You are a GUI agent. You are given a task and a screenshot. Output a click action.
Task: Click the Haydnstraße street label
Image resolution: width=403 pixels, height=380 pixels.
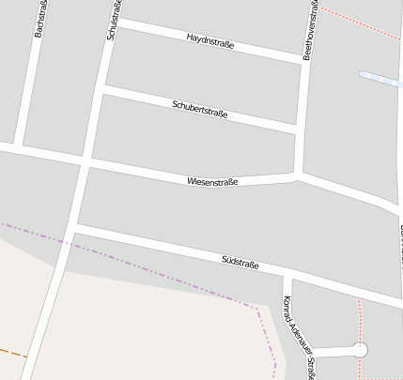pos(210,40)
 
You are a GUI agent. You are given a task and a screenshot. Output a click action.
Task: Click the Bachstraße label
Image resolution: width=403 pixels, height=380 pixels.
pos(39,19)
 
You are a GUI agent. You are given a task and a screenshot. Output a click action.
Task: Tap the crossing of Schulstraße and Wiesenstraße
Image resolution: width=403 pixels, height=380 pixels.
pos(86,161)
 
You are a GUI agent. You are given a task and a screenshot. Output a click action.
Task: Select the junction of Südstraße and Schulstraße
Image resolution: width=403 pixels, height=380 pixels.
pos(72,228)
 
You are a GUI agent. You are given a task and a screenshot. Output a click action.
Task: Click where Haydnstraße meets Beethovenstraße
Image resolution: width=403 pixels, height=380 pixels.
pos(306,61)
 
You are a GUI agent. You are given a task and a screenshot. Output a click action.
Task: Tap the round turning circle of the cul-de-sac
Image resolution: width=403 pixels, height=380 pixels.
pos(359,350)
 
